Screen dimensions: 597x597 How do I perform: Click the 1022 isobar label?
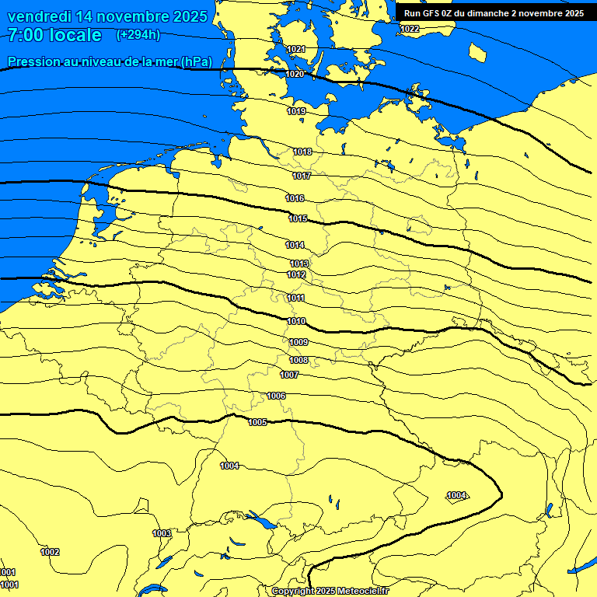410,29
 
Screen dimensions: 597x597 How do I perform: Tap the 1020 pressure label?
295,74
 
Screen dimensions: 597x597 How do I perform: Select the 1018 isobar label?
302,152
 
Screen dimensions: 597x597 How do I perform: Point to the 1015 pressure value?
298,218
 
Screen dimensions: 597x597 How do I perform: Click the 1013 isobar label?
299,264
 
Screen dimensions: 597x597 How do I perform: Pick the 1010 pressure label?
296,321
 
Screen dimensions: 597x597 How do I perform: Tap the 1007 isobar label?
289,375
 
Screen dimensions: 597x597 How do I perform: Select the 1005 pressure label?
258,422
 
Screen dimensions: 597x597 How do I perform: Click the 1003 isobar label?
162,533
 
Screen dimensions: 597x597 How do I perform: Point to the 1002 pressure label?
50,552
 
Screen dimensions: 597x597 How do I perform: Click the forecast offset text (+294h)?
138,35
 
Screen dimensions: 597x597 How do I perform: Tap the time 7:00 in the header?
31,35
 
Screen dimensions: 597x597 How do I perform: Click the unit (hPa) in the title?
196,61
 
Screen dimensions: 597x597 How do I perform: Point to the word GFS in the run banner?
435,13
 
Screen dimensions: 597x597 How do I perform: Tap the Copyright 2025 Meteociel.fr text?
330,592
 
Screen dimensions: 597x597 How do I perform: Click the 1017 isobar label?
302,176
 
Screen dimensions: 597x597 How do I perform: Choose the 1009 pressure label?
298,342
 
